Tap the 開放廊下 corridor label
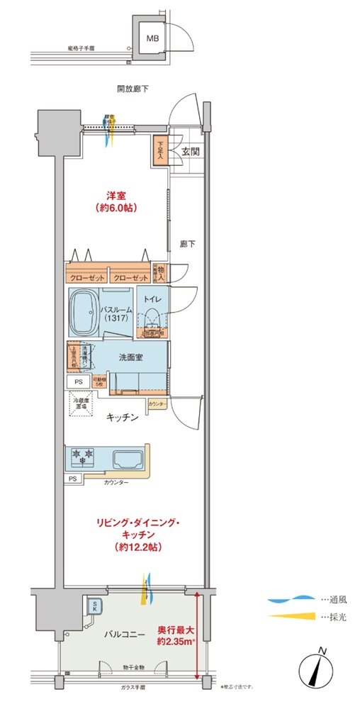coord(133,89)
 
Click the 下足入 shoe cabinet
coord(160,151)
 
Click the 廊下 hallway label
coord(186,242)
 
